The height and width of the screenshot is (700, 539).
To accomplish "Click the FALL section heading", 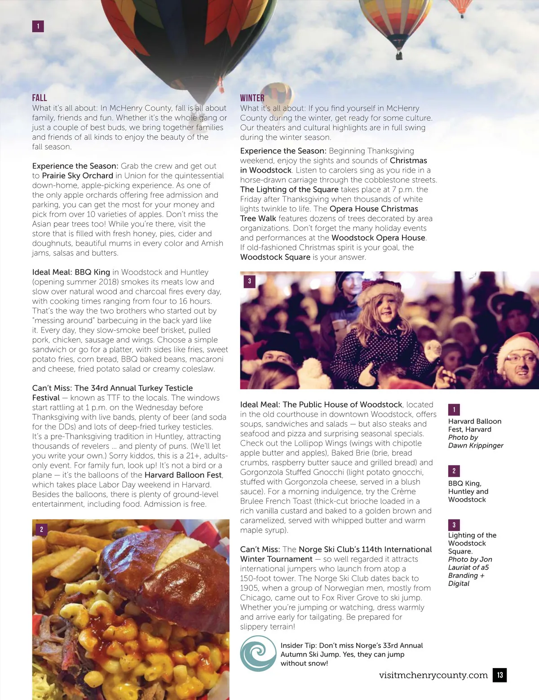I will click(x=40, y=98).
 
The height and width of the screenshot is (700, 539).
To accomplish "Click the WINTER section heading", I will click(x=252, y=98).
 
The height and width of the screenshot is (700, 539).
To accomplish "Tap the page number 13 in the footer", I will click(x=499, y=675).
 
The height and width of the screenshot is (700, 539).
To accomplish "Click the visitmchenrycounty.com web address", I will click(x=433, y=675).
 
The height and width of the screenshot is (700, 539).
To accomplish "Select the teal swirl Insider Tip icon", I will click(x=258, y=654).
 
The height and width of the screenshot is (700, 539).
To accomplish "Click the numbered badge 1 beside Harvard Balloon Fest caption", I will click(x=454, y=409).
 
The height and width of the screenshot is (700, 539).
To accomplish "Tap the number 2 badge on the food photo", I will click(x=41, y=529).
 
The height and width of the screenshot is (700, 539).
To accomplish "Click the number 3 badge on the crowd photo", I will click(x=249, y=282).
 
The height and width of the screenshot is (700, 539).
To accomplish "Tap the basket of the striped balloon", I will click(x=398, y=56).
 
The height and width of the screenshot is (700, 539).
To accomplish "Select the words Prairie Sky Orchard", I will click(x=77, y=176).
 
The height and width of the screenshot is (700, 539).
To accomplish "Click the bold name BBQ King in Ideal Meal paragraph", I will click(x=92, y=272).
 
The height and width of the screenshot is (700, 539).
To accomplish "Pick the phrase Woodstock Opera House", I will click(x=378, y=238).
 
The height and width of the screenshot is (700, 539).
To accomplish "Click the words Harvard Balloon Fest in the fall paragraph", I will click(x=183, y=475).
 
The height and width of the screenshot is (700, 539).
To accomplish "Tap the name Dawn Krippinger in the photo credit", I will click(x=475, y=445).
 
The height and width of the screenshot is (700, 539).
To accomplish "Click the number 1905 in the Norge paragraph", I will click(x=250, y=588).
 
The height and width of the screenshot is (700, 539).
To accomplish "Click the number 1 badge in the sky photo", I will click(x=38, y=26).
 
